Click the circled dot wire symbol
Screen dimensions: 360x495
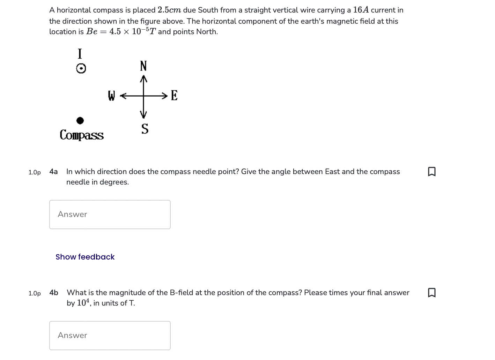[81, 69]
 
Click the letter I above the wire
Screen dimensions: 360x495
[80, 54]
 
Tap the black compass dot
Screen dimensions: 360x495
[80, 121]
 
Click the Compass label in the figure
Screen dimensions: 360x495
[82, 135]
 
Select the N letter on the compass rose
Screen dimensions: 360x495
[143, 66]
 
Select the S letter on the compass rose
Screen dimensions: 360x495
[145, 129]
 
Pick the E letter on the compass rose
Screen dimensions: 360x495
[174, 95]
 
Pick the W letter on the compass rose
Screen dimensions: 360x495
[111, 96]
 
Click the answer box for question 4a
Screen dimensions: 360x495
[110, 215]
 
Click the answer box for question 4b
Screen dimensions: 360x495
[110, 335]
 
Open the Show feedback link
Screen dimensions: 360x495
[85, 257]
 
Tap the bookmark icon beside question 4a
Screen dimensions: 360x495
[431, 172]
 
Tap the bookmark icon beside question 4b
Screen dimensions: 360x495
[431, 292]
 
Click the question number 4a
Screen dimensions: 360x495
[53, 172]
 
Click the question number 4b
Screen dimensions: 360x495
[54, 293]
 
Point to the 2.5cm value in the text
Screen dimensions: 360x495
[169, 10]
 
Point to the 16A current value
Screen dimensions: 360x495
[361, 10]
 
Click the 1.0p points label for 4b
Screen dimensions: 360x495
[35, 293]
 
